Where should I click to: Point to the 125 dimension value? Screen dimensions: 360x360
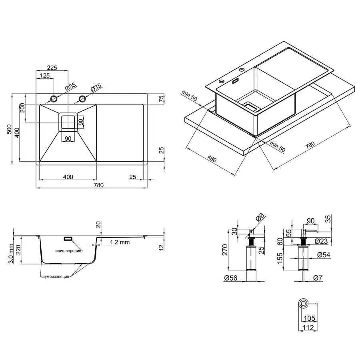tap(45, 76)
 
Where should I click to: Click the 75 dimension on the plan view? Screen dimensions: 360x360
tap(161, 99)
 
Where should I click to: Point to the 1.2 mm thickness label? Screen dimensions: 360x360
tap(120, 242)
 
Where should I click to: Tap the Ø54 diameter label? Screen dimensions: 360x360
tap(322, 255)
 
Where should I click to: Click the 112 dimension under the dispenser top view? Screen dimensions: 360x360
tap(308, 328)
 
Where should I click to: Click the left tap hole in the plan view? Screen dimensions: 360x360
tap(53, 98)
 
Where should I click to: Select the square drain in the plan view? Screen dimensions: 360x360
tap(68, 122)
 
